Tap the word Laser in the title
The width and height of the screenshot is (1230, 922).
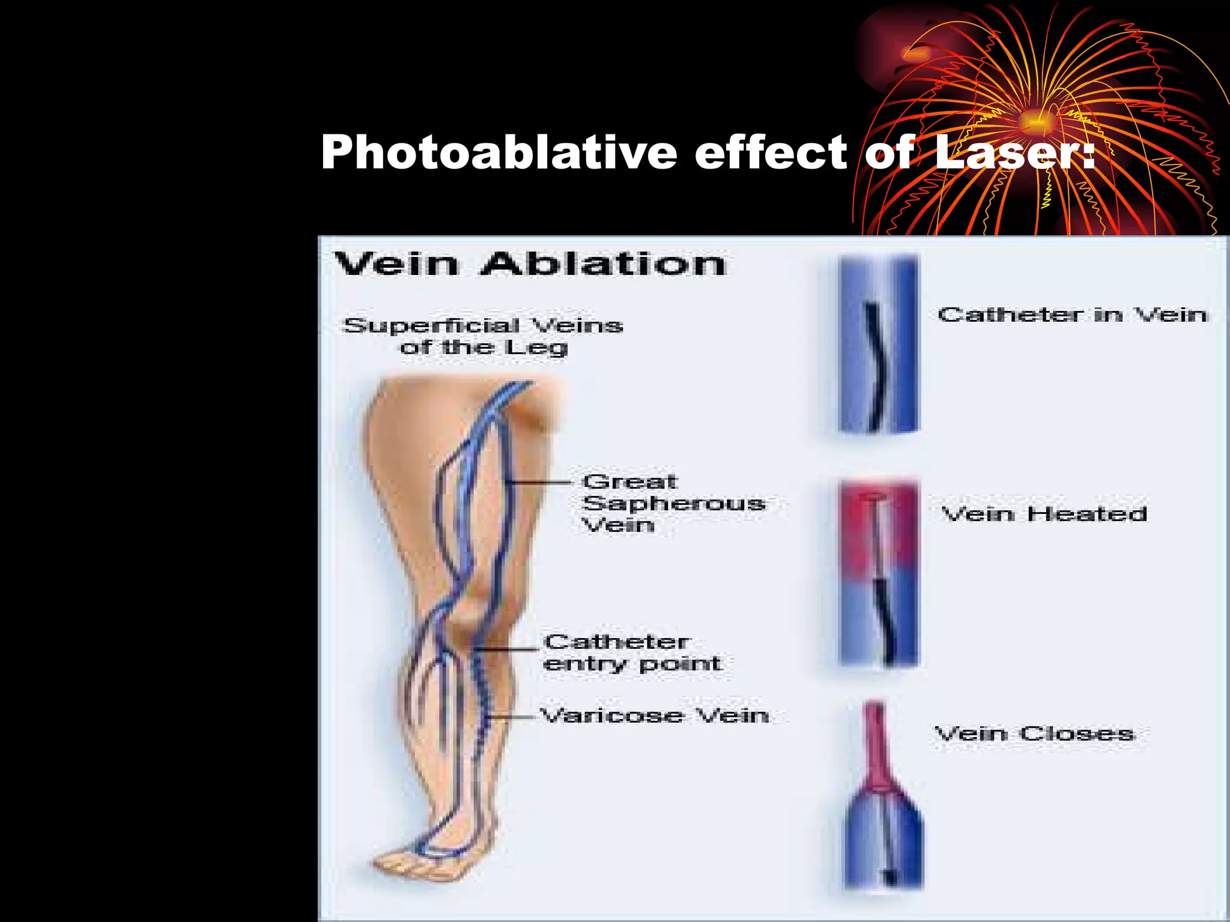[x=1009, y=152]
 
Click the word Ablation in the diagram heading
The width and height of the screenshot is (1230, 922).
[x=603, y=264]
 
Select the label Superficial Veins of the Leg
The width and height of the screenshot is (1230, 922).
[x=483, y=336]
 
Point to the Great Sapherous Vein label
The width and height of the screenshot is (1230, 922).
[x=673, y=503]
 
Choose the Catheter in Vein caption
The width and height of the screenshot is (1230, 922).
[x=1073, y=315]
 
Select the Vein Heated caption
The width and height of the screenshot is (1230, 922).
[x=1044, y=514]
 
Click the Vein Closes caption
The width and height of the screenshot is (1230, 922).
[x=1034, y=733]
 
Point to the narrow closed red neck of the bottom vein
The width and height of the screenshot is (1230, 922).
[x=876, y=744]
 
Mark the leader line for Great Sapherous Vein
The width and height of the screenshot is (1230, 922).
[x=538, y=482]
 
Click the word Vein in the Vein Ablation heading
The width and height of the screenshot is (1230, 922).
[x=396, y=264]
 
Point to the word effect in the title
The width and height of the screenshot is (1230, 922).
[x=771, y=152]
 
